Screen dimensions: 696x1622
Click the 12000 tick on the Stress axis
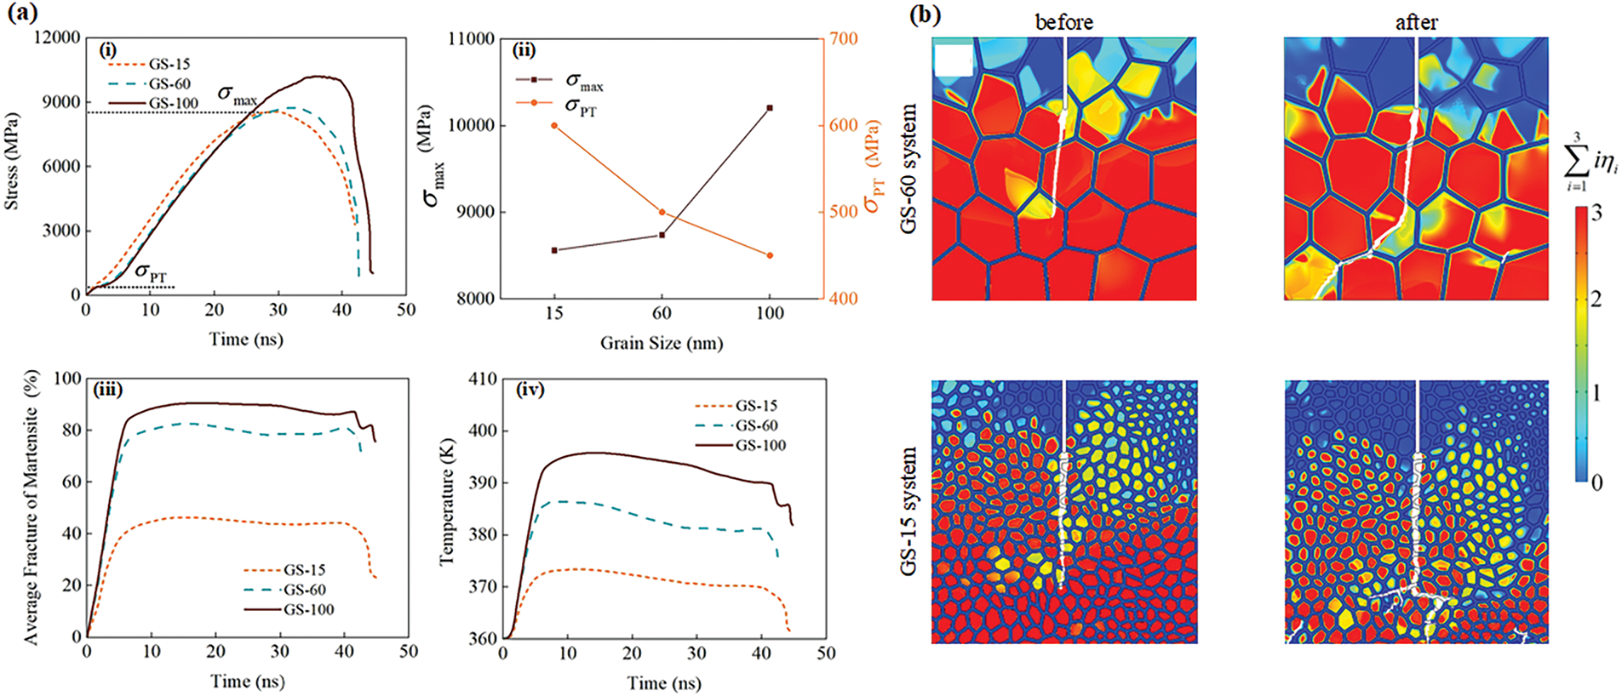point(57,37)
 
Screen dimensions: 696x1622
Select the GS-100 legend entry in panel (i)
point(174,104)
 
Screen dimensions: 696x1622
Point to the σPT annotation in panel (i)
point(151,273)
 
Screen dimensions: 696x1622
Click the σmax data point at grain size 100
point(770,108)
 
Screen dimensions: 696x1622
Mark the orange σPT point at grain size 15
point(554,125)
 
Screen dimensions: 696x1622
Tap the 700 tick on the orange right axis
point(844,38)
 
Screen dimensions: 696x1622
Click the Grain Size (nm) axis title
point(662,344)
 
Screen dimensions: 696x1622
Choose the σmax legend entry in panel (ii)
point(583,83)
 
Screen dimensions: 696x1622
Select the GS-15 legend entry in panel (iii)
point(304,570)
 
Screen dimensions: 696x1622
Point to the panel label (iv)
point(530,390)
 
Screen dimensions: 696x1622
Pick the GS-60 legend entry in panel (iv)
point(756,425)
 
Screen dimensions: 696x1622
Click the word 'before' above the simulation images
point(1063,22)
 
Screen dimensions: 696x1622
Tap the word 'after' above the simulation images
point(1416,22)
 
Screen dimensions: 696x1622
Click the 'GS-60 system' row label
point(909,168)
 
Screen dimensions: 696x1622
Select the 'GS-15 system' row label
point(909,511)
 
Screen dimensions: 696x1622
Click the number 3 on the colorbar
point(1596,212)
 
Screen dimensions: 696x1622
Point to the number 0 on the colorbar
point(1596,482)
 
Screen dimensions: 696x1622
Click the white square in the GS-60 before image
point(953,60)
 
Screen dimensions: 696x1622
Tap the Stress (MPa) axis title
point(12,162)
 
